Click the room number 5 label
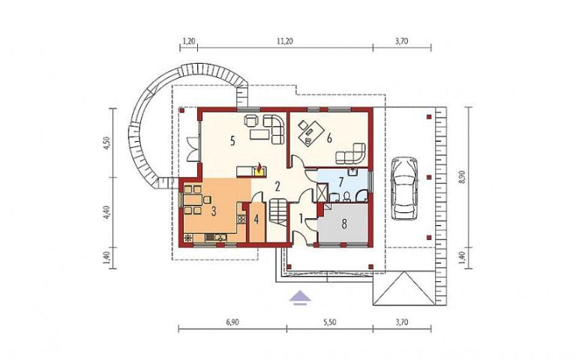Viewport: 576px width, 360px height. click(232, 141)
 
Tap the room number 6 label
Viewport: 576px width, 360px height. click(329, 138)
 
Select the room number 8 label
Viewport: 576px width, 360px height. click(344, 224)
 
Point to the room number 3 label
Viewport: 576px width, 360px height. click(214, 211)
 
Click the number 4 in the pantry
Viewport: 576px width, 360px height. click(256, 220)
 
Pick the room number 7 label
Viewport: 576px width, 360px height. click(341, 181)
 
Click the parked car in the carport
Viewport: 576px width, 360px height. click(404, 188)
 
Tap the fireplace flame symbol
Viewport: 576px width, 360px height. click(259, 169)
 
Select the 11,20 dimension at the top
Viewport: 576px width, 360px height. click(285, 41)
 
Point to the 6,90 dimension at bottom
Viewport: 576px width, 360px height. click(232, 322)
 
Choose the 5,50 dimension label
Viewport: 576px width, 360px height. click(329, 322)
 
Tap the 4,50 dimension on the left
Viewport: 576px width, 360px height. click(106, 143)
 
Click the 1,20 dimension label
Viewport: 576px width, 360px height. click(188, 41)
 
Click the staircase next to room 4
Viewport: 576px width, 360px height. click(278, 211)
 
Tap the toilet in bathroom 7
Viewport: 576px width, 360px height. click(346, 197)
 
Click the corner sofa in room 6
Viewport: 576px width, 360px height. click(353, 154)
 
